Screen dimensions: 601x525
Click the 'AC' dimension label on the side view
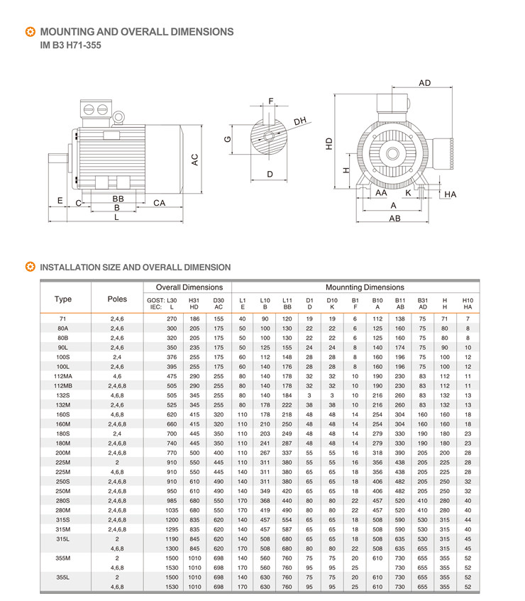[x=194, y=160]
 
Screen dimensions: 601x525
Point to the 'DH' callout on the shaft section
[x=299, y=121]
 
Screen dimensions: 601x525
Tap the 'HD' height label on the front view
[x=329, y=143]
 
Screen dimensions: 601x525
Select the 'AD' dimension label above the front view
[x=424, y=83]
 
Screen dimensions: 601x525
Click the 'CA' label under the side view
[x=160, y=203]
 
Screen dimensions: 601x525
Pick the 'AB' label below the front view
[x=394, y=219]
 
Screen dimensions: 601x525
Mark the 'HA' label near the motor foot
[x=451, y=194]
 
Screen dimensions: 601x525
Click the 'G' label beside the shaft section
[x=228, y=140]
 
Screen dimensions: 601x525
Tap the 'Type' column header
[x=63, y=299]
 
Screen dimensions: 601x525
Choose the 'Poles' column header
[x=117, y=299]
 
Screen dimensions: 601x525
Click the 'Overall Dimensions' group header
[x=189, y=287]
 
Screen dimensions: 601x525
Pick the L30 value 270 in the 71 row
[x=171, y=319]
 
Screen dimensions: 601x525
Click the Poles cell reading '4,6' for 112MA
[x=117, y=375]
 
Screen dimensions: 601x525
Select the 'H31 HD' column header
[x=194, y=303]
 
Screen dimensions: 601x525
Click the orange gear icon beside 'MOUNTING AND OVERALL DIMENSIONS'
[x=29, y=32]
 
